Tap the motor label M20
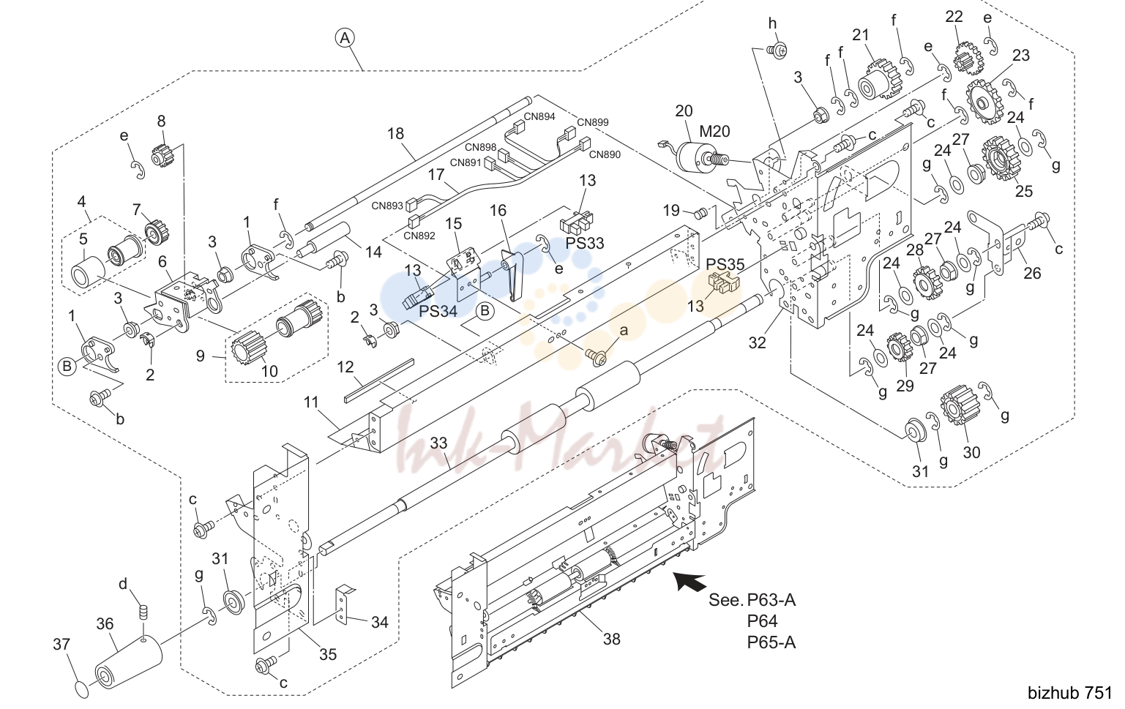[714, 132]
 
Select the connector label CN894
[539, 116]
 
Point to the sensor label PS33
[585, 243]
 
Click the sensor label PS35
[725, 264]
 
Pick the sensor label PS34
[438, 311]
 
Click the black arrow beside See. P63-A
[689, 582]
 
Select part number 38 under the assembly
[612, 639]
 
